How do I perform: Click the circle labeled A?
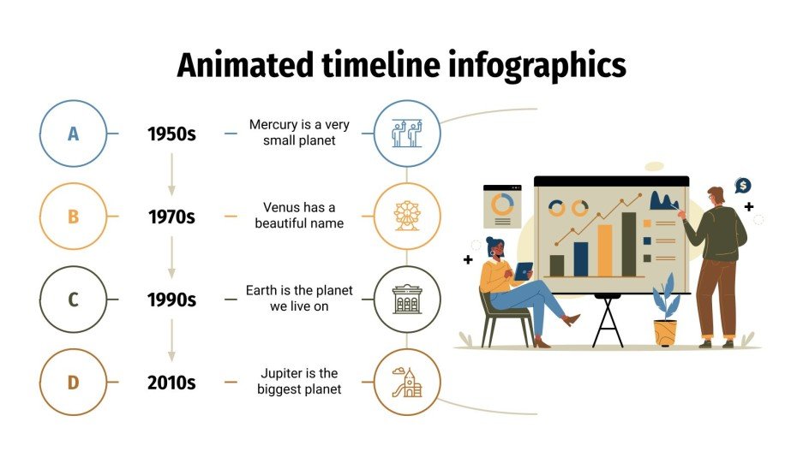(x=73, y=134)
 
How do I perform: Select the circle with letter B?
(x=73, y=217)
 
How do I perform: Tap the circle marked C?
(x=73, y=300)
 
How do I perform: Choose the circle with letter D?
(x=73, y=383)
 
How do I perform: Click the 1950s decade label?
(x=171, y=134)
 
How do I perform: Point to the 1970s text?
(x=171, y=217)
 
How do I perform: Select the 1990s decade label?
(x=171, y=300)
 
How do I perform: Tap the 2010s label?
(x=171, y=383)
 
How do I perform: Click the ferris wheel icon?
(x=407, y=216)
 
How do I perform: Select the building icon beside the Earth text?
(x=407, y=299)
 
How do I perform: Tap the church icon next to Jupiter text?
(x=407, y=382)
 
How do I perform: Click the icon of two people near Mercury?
(x=407, y=133)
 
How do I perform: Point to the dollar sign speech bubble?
(x=743, y=186)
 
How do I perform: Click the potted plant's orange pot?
(x=665, y=332)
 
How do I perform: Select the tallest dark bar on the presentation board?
(x=628, y=245)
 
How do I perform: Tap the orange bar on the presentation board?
(x=604, y=251)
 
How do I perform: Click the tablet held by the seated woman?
(x=523, y=270)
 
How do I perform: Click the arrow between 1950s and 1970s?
(x=171, y=175)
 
